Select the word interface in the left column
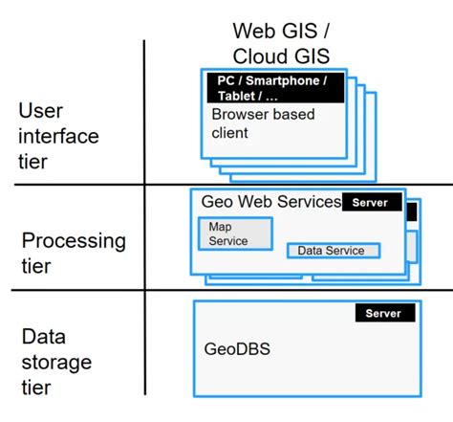click(57, 136)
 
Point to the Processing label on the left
click(74, 240)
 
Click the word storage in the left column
click(56, 363)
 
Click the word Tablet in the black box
click(229, 96)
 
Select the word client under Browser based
click(229, 133)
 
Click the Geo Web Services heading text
click(270, 202)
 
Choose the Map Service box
click(235, 233)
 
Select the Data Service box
click(333, 251)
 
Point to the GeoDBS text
click(237, 349)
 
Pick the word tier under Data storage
click(35, 388)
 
